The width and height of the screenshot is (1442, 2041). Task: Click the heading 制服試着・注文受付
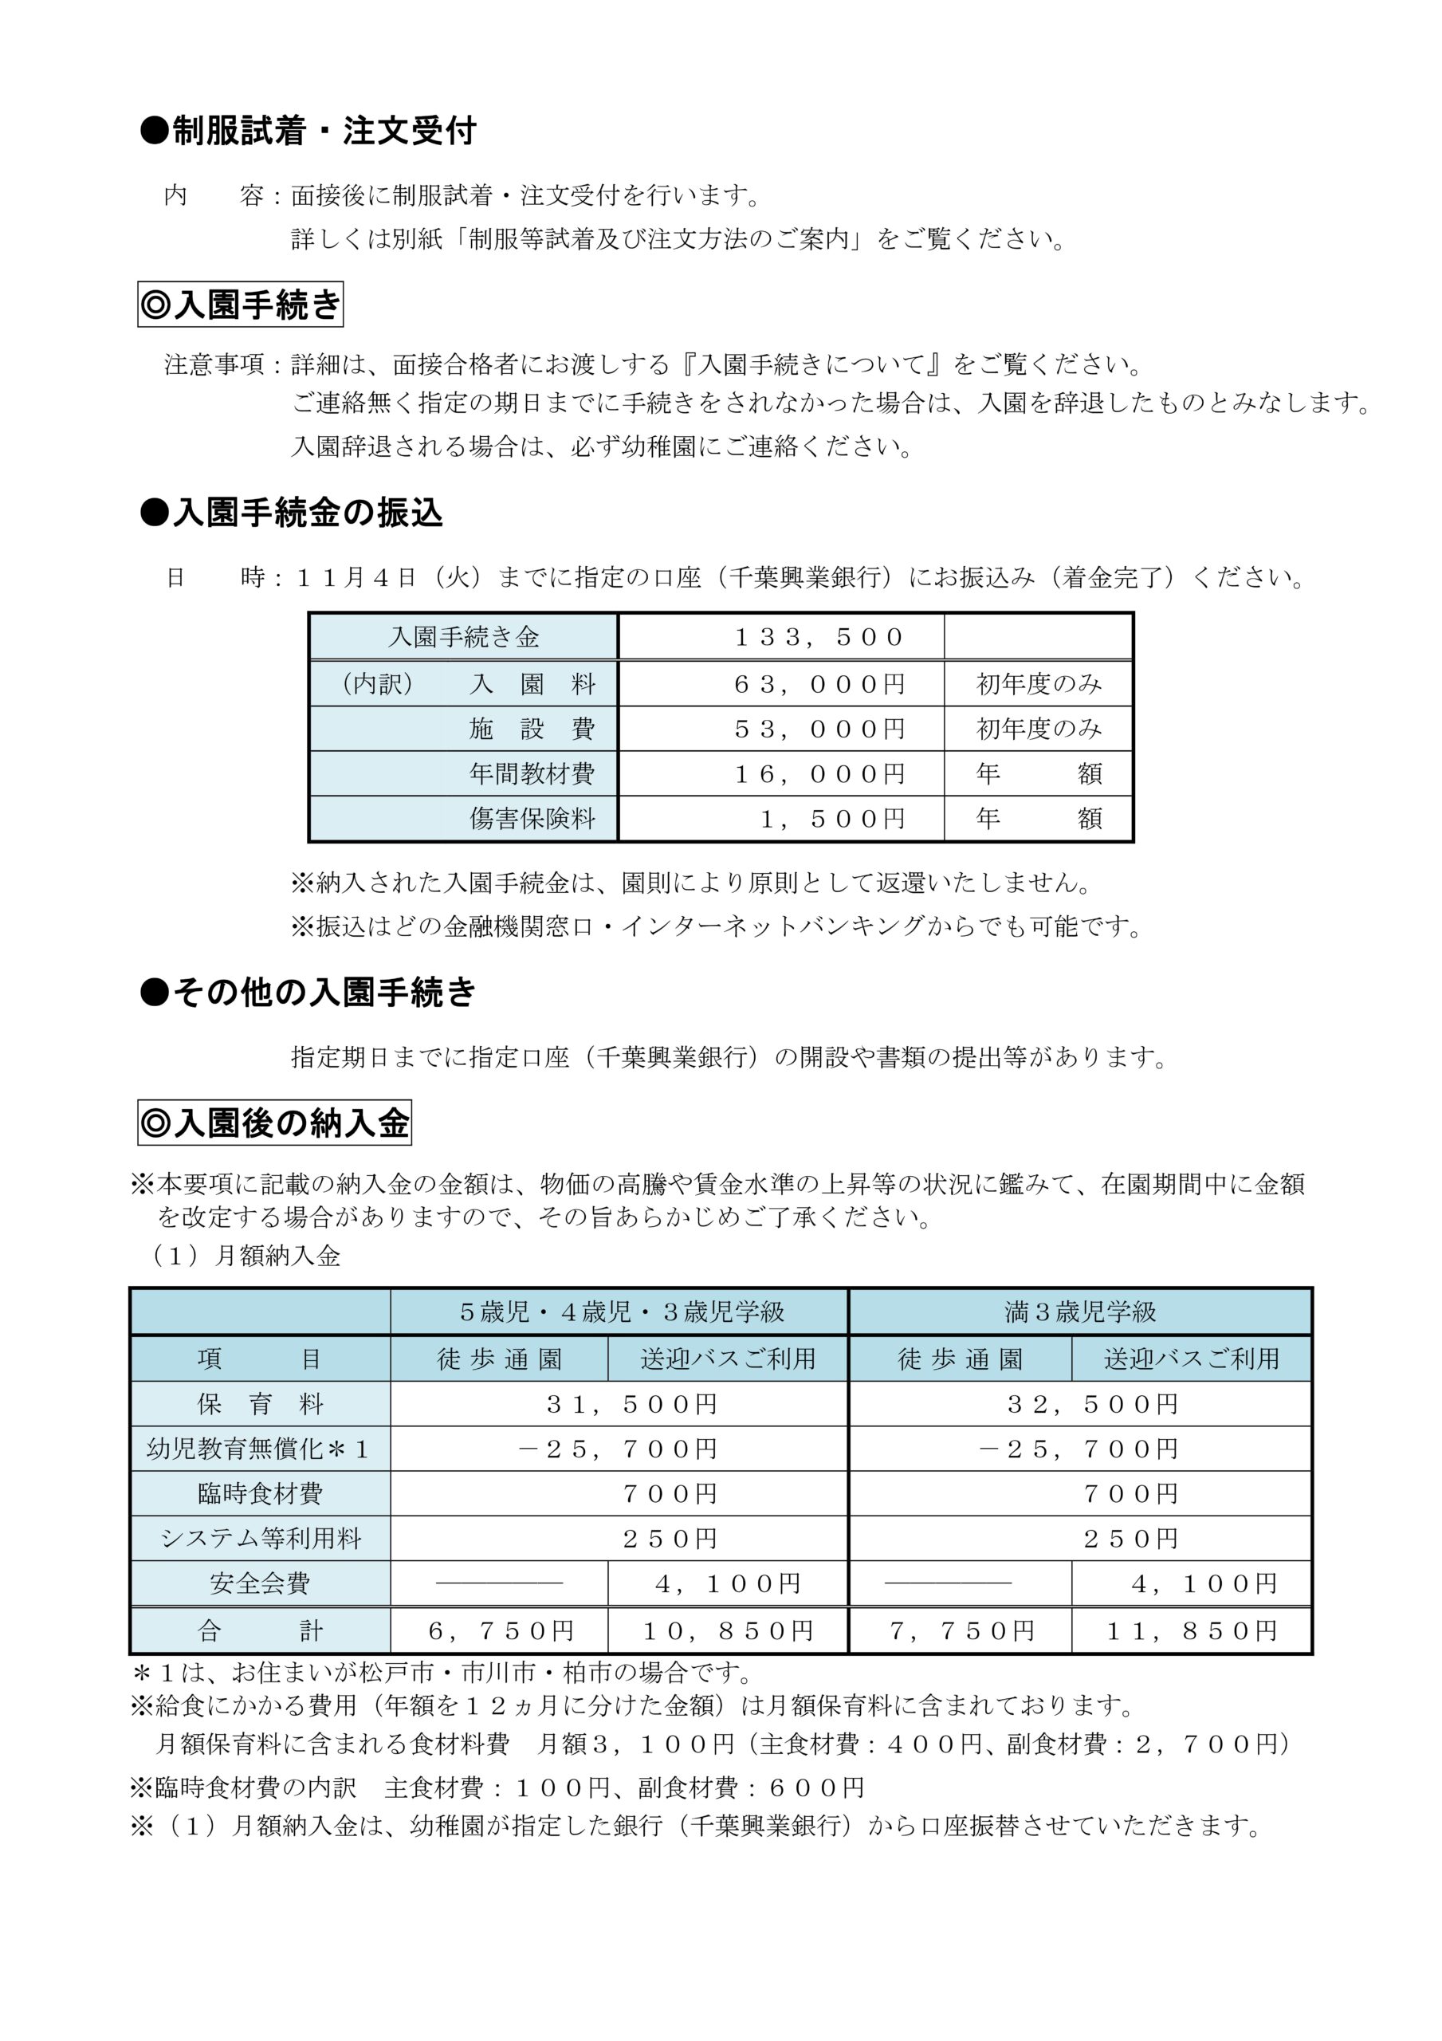308,132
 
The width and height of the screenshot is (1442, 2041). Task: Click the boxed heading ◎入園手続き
240,305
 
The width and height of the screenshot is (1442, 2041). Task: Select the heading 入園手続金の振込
292,513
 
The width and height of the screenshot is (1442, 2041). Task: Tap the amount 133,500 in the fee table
819,637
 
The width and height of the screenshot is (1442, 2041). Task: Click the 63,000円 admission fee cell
819,685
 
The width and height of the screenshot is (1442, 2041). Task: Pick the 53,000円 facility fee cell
819,729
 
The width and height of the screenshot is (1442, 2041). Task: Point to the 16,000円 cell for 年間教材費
819,774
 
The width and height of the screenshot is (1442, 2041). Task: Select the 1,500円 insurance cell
832,819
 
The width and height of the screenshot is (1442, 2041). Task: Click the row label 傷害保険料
532,819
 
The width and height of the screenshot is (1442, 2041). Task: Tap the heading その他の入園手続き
308,992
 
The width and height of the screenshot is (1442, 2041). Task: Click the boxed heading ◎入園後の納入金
275,1123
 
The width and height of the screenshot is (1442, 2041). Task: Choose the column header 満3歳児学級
1080,1312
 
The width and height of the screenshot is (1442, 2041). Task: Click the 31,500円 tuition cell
632,1405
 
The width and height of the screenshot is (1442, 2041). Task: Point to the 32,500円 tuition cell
1093,1405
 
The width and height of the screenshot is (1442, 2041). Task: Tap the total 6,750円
501,1631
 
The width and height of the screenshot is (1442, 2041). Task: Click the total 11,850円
1191,1631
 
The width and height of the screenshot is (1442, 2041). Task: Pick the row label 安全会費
260,1584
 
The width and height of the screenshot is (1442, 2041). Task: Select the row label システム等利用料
260,1539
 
